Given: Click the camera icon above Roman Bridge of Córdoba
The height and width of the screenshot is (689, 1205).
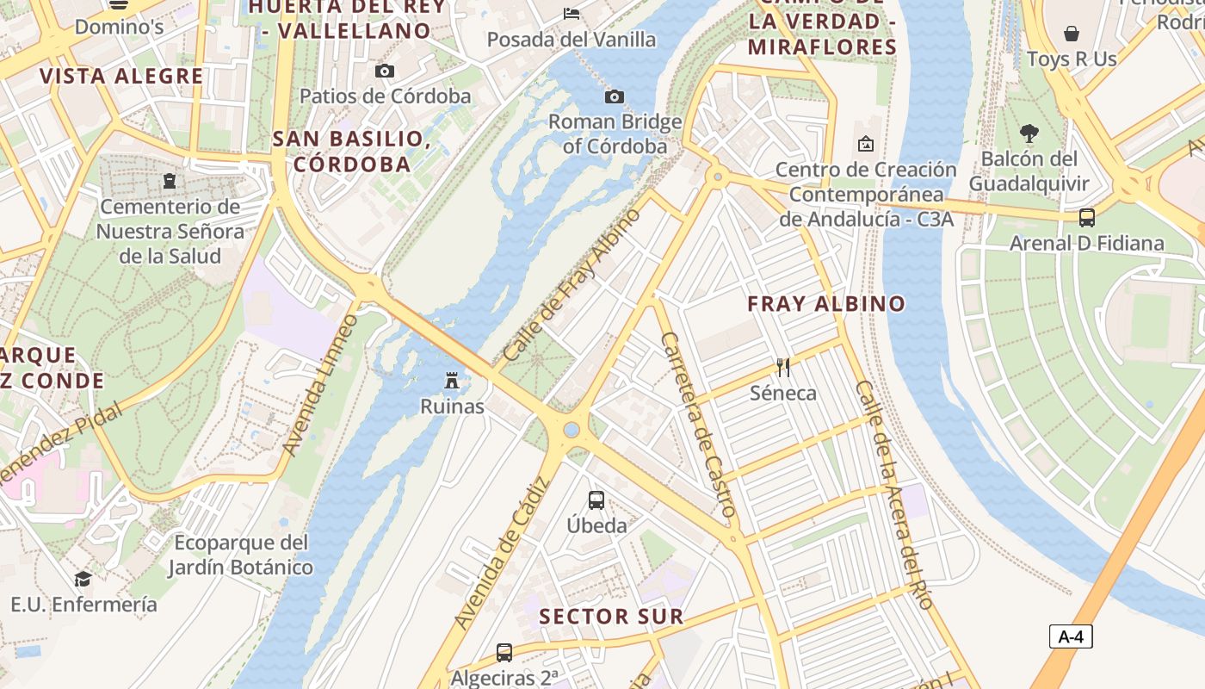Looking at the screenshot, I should coord(614,96).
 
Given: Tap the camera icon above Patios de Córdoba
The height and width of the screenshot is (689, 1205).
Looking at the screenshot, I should coord(385,71).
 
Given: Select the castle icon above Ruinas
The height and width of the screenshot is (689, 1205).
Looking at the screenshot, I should coord(451,381).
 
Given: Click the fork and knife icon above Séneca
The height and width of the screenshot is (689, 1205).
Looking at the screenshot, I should coord(782,368).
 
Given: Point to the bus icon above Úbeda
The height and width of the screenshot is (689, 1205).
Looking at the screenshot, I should coord(596,500).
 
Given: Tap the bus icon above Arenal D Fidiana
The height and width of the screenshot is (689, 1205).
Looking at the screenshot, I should coord(1086,218).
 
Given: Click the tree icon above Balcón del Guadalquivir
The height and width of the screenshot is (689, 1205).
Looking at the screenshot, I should coord(1029,133).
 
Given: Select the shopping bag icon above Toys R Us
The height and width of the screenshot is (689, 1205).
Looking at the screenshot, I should coord(1072,34).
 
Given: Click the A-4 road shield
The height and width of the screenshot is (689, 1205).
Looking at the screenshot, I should coord(1071,637).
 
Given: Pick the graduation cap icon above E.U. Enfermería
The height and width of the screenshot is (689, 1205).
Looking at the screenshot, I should coord(83,579).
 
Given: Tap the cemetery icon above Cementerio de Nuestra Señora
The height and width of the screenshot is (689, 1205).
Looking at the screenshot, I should coord(170,181).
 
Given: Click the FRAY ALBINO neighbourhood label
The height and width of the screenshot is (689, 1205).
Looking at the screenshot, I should coord(826,303).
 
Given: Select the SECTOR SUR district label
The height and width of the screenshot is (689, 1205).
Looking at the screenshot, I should coord(611,617).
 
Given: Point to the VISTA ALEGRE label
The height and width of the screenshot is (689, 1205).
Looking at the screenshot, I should coord(121,76).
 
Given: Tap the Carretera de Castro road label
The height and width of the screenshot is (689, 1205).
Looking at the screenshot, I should coord(697,425).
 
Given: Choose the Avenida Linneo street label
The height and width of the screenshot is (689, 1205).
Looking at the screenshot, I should coord(320,385).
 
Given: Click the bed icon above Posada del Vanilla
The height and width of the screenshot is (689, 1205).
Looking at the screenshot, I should coord(571,13).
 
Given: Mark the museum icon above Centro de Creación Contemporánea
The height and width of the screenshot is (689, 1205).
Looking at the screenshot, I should coord(865,144).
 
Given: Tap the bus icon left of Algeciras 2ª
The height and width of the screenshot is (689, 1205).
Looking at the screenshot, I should coord(504,653).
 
